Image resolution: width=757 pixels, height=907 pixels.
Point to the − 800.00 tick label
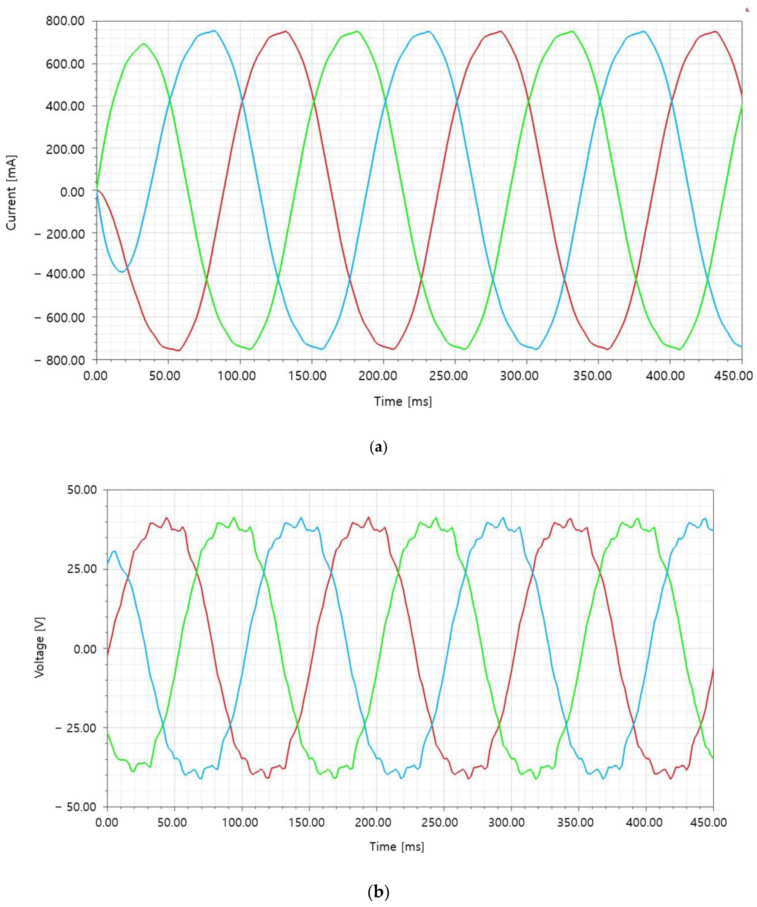pos(60,360)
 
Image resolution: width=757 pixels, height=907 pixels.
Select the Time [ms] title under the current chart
pos(403,402)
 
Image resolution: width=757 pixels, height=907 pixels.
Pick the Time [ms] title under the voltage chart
pos(397,847)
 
